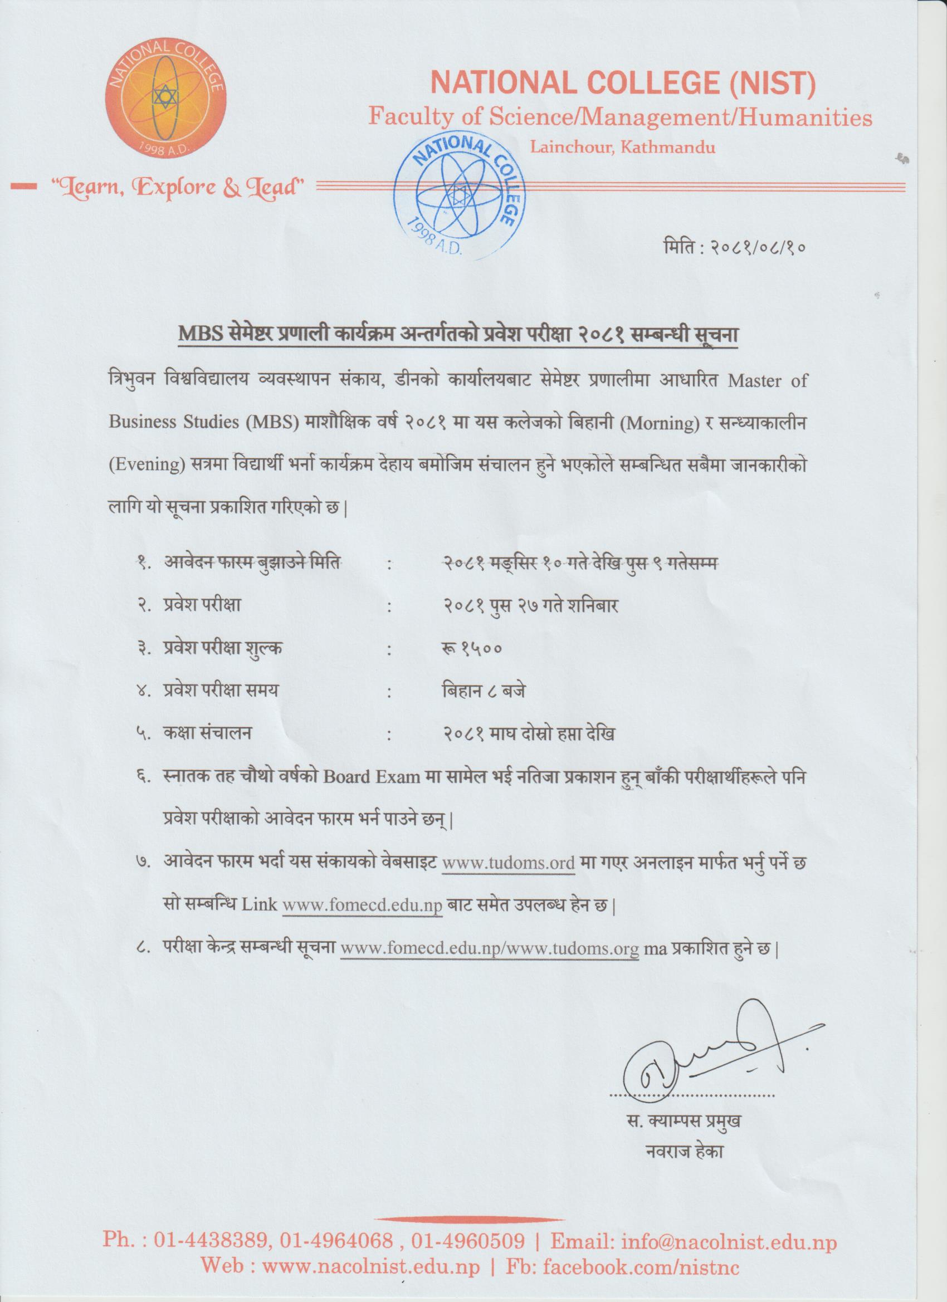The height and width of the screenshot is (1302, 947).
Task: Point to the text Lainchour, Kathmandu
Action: (x=623, y=148)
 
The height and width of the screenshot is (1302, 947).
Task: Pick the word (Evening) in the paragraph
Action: (x=146, y=464)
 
